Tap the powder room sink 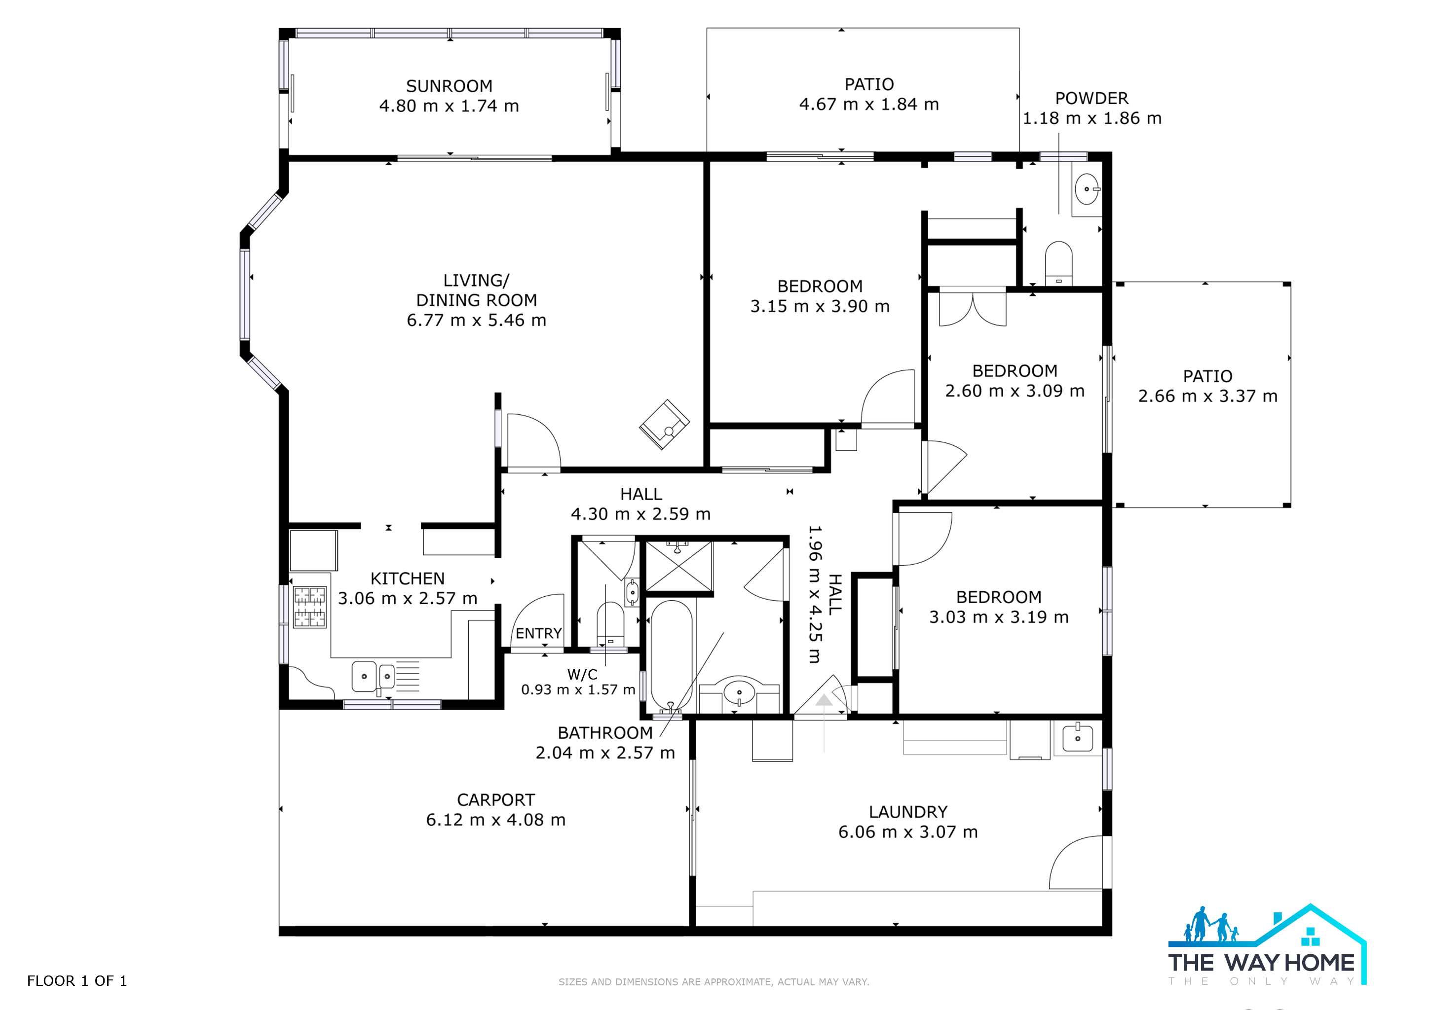tap(1087, 189)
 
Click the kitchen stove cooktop tap(309, 607)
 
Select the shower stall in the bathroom tap(679, 566)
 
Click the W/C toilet tap(610, 624)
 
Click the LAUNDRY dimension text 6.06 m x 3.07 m tap(908, 832)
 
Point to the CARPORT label tap(496, 800)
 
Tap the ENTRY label tap(539, 633)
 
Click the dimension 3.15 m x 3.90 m tap(820, 306)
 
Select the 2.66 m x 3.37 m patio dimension tap(1207, 396)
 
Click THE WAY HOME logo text tap(1261, 963)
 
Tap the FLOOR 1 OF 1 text tap(77, 981)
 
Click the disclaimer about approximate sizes tap(714, 982)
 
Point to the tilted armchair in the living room tap(665, 424)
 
